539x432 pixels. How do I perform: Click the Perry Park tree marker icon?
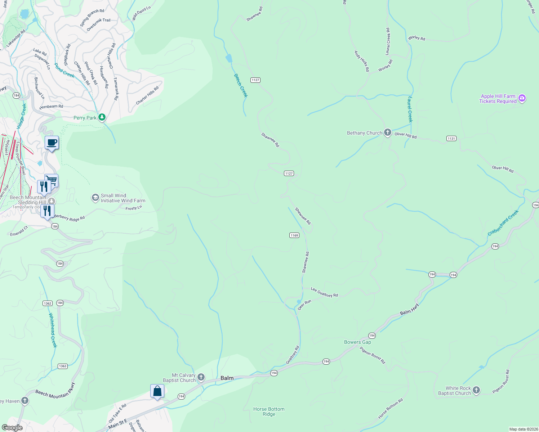point(102,117)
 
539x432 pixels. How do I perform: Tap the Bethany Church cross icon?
point(387,132)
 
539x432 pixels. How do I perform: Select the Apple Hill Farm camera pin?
point(522,98)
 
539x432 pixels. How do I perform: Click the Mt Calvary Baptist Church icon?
point(201,377)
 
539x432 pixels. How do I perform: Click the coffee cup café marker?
point(52,143)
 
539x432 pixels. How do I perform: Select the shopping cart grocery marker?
point(52,180)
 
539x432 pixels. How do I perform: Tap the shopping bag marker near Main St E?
point(157,391)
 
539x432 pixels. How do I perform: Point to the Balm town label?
point(227,378)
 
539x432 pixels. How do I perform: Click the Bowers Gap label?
point(357,342)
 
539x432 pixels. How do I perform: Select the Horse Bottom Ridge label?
point(269,411)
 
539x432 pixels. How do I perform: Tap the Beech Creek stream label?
point(241,86)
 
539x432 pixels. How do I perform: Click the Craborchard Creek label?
point(503,223)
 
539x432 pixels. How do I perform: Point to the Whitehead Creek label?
point(53,330)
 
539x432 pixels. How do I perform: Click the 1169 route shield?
point(294,235)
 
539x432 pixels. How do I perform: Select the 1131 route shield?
point(451,138)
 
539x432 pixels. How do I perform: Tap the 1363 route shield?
point(63,366)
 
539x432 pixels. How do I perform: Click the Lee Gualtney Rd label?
point(324,292)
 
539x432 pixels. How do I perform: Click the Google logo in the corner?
point(13,427)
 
